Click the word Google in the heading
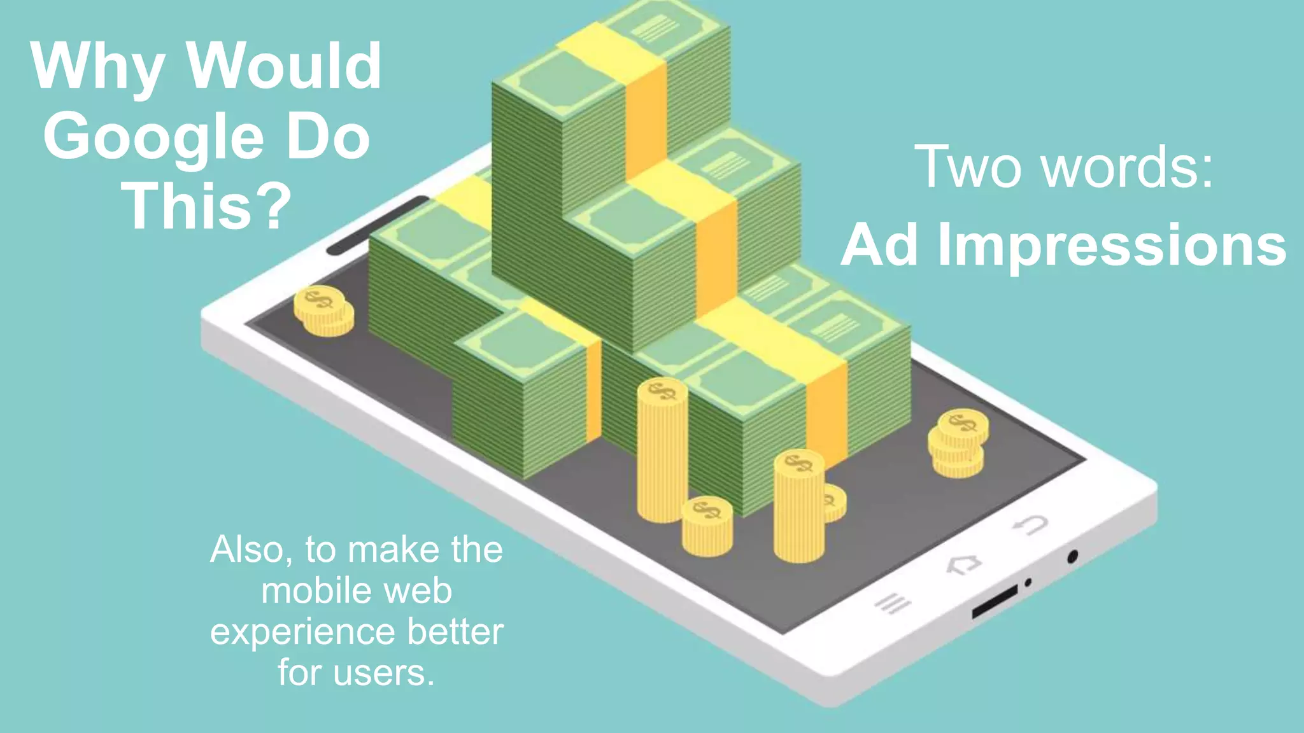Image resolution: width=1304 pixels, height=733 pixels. coord(153,137)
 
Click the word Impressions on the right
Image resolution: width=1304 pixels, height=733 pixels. coord(1112,245)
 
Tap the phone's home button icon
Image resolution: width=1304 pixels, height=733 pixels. coord(963,564)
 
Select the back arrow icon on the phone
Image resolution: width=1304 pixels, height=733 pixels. coord(1030,525)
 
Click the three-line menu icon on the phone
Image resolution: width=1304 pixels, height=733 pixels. coord(893,603)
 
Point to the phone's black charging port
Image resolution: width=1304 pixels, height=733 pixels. coord(995,601)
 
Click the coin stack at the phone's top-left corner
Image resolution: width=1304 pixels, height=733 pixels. coord(323,311)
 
